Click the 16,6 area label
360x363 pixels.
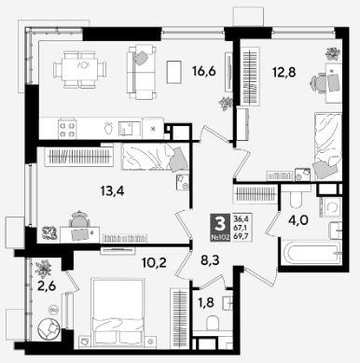point(204,72)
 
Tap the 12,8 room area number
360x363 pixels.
point(284,73)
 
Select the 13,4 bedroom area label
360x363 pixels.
point(112,190)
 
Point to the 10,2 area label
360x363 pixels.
point(154,263)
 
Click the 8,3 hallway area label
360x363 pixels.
point(210,260)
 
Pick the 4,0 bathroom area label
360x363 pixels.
point(298,220)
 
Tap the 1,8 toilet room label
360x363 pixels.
point(206,302)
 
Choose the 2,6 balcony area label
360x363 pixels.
point(47,286)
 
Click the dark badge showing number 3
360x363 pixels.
point(220,228)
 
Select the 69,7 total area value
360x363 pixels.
point(239,235)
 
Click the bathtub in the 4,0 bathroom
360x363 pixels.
point(311,252)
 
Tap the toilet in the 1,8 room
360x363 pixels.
point(214,322)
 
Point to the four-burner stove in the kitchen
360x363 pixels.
point(67,130)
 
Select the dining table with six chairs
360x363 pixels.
point(79,69)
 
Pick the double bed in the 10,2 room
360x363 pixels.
point(118,312)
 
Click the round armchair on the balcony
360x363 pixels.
point(48,328)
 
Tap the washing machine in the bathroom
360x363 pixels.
point(330,206)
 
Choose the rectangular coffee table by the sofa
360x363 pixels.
point(173,72)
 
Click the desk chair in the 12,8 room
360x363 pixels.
point(318,82)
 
